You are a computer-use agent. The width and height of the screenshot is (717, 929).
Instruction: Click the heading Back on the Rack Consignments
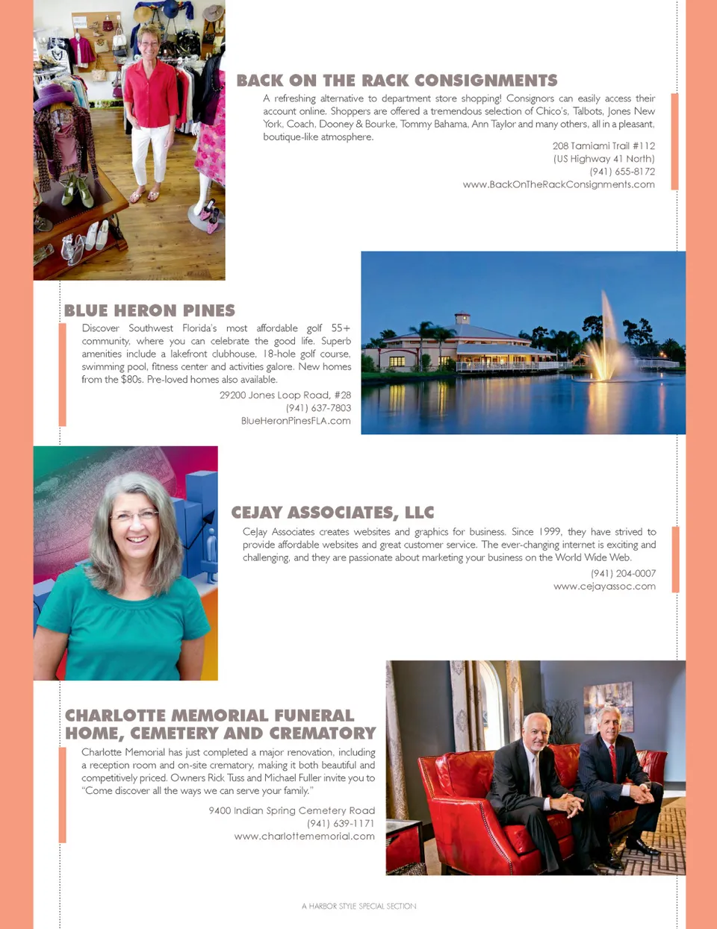click(x=397, y=81)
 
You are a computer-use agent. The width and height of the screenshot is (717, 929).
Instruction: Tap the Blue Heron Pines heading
click(x=149, y=310)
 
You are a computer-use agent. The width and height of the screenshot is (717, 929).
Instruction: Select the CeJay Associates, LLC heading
click(x=332, y=513)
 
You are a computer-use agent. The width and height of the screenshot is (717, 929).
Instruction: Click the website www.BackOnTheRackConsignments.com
click(x=559, y=184)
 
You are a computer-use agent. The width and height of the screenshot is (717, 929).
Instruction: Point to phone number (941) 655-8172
click(x=621, y=172)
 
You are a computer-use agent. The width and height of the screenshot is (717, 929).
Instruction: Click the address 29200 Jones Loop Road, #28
click(x=285, y=395)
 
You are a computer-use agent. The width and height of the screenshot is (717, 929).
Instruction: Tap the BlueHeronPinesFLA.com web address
click(x=296, y=421)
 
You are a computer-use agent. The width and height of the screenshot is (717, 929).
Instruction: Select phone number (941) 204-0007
click(x=623, y=573)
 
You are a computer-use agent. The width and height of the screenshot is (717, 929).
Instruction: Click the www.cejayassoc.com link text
click(x=604, y=587)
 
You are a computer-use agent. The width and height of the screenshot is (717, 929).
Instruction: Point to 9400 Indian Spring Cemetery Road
click(x=291, y=810)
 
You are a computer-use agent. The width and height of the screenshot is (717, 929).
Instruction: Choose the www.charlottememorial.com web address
click(x=304, y=836)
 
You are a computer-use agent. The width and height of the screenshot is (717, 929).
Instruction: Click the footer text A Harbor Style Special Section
click(x=358, y=906)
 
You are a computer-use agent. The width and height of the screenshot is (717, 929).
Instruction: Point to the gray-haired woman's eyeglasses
click(x=134, y=515)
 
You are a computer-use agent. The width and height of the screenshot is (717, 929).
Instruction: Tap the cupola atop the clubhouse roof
click(x=463, y=317)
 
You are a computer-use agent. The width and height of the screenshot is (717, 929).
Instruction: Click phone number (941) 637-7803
click(x=318, y=408)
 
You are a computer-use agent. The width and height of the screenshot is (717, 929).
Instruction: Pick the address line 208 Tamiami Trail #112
click(x=603, y=146)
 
